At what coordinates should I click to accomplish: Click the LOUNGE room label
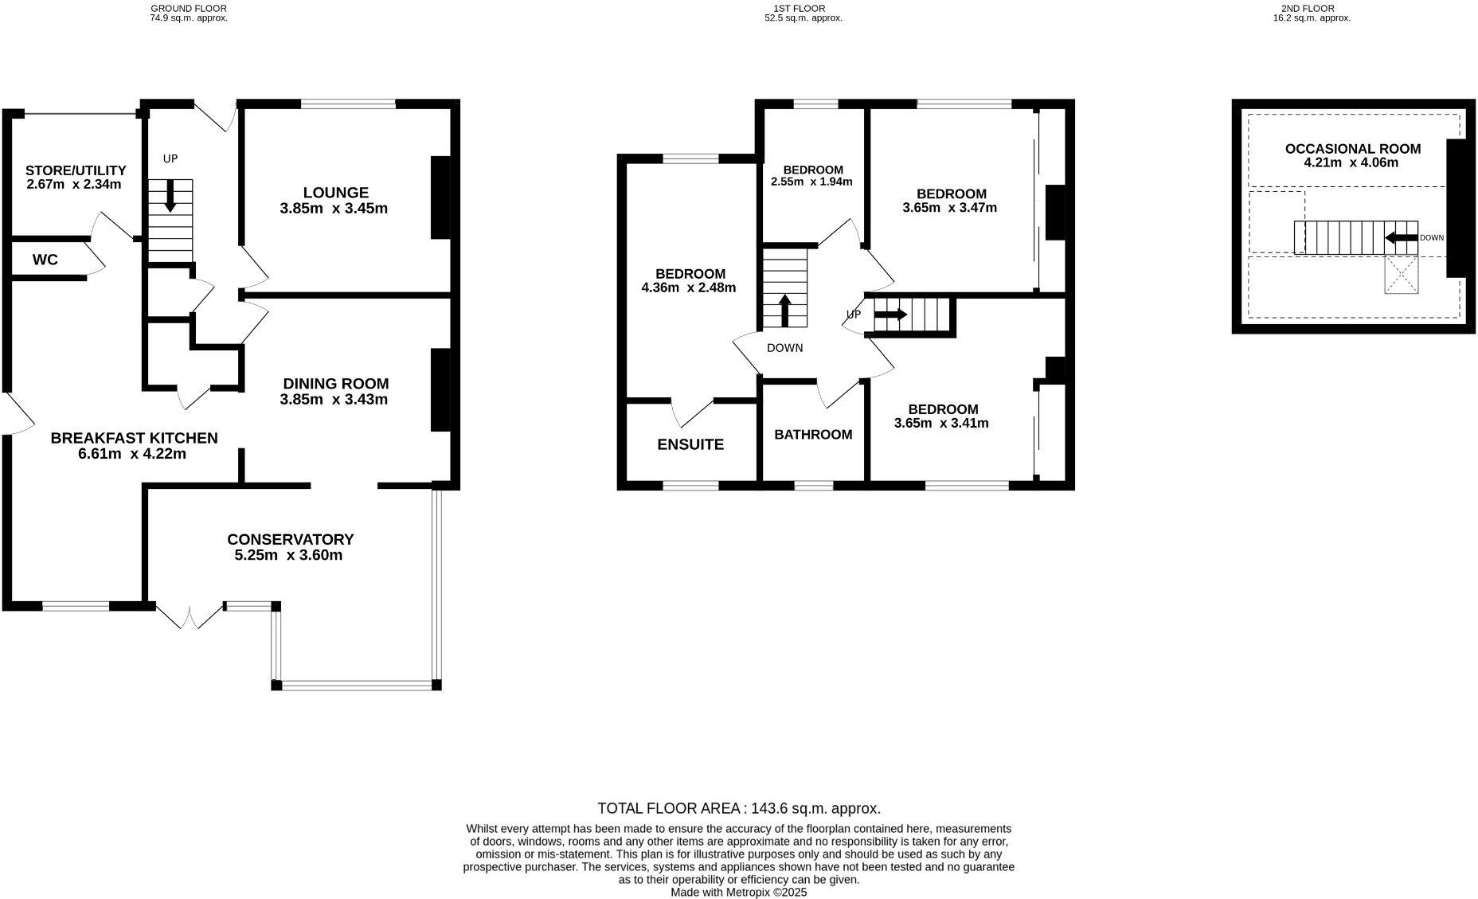(x=334, y=193)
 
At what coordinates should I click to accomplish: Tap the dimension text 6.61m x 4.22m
(x=132, y=455)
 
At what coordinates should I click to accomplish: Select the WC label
(x=45, y=260)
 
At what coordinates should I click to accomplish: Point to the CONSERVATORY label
(x=290, y=540)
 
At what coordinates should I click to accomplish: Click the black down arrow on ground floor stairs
(x=170, y=197)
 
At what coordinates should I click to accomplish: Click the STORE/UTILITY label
(x=76, y=170)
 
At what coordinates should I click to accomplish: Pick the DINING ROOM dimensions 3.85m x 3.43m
(x=334, y=400)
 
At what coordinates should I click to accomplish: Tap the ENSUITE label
(x=690, y=445)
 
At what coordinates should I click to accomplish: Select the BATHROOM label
(x=813, y=435)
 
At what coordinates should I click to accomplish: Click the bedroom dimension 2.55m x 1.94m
(x=811, y=182)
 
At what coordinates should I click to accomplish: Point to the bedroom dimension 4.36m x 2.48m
(x=689, y=288)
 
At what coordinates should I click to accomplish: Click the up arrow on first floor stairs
(x=785, y=311)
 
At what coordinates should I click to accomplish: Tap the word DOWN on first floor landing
(x=784, y=348)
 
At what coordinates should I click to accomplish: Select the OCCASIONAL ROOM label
(x=1352, y=149)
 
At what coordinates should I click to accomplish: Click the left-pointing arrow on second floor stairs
(x=1401, y=237)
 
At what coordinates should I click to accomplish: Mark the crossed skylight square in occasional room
(x=1402, y=275)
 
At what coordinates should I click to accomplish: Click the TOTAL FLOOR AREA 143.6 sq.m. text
(x=739, y=809)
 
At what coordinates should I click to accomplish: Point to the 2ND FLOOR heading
(x=1312, y=9)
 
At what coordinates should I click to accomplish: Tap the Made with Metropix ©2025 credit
(x=739, y=893)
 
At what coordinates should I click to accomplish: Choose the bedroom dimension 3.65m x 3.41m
(x=941, y=424)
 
